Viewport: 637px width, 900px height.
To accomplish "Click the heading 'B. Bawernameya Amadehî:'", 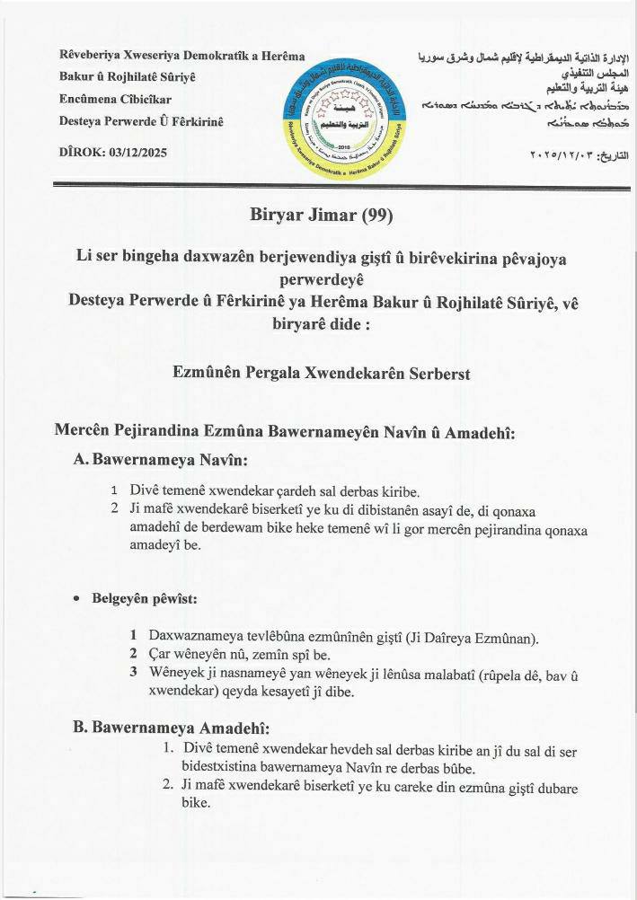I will [x=171, y=727].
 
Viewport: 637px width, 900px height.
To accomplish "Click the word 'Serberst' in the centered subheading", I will [x=430, y=372].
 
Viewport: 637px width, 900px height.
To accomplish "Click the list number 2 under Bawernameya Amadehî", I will [x=167, y=784].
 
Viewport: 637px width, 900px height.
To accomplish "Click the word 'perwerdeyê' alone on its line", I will [x=317, y=278].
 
